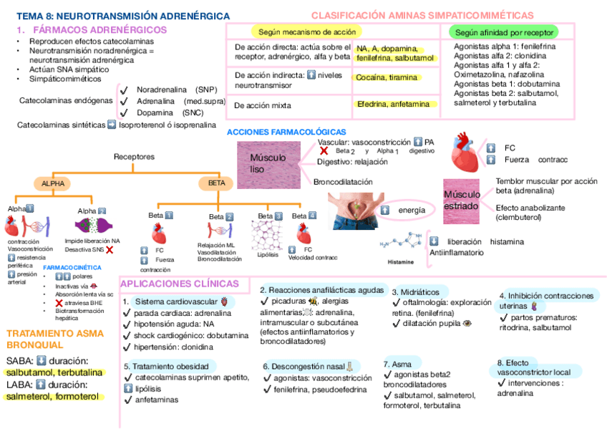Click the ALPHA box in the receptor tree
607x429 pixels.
pos(53,184)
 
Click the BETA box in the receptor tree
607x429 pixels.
pos(216,184)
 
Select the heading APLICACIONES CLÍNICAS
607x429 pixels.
pos(180,284)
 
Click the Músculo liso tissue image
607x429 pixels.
pos(269,164)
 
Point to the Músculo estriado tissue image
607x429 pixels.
pos(461,200)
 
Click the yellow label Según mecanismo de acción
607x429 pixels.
pos(306,32)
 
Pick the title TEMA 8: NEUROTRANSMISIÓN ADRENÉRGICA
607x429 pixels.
pos(123,16)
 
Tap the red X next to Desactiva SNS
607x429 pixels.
pos(110,250)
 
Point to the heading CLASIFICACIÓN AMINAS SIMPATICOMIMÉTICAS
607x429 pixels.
pos(422,15)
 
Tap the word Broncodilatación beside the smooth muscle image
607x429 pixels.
pos(343,182)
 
